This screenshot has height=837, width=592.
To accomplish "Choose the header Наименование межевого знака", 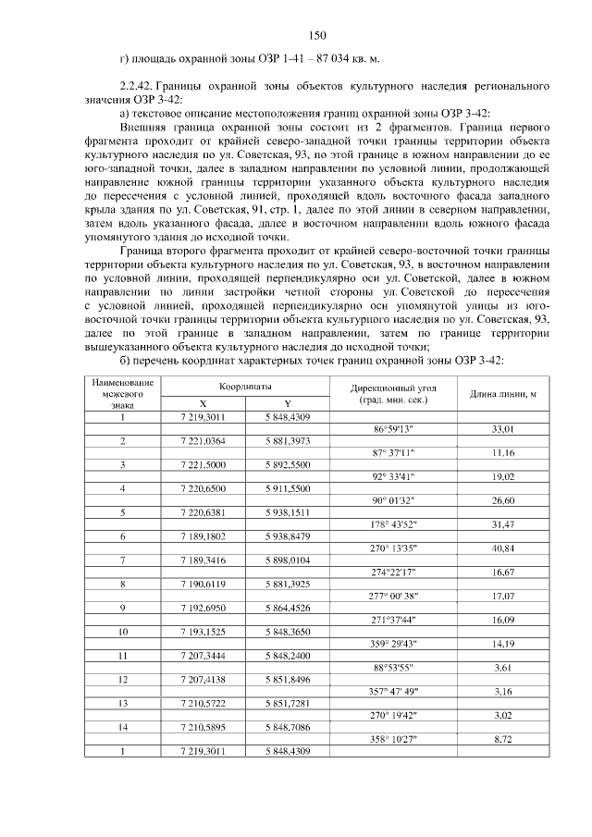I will (x=122, y=393).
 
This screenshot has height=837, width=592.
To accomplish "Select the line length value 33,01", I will (x=502, y=429).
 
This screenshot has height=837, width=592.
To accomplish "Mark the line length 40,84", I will (x=502, y=548).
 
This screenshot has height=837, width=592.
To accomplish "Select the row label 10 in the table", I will (x=122, y=631).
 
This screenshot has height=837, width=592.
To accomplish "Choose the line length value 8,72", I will (x=502, y=738).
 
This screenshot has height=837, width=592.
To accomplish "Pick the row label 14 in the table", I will (x=122, y=726).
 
